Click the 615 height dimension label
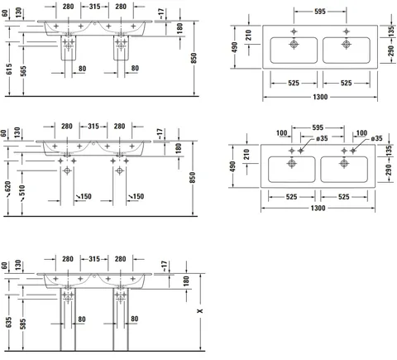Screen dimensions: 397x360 click(9, 69)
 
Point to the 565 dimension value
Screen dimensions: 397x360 click(23, 71)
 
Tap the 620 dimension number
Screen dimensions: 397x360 click(7, 187)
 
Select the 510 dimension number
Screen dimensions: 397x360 click(22, 191)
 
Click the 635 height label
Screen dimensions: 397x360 click(8, 322)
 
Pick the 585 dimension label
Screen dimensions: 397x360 click(23, 324)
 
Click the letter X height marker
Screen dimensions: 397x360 click(200, 311)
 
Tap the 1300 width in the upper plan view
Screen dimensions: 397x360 click(320, 97)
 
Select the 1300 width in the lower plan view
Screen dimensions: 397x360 click(318, 208)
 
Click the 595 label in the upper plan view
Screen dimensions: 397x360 click(320, 12)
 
